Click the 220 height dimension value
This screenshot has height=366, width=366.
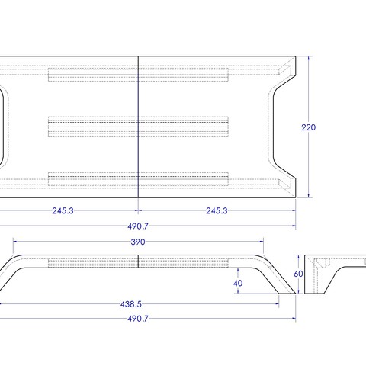click(308, 128)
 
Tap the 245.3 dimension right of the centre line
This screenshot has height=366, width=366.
click(216, 211)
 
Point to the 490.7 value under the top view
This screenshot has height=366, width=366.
click(137, 226)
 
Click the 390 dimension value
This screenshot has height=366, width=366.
click(137, 242)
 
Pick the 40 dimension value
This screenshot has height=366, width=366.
click(238, 283)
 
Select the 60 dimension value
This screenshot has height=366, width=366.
click(298, 274)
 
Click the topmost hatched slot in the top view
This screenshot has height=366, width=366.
click(138, 75)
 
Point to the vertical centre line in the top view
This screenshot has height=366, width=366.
click(138, 137)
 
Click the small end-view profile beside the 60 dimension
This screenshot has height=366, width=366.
click(324, 274)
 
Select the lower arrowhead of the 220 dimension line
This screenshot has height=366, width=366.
click(308, 195)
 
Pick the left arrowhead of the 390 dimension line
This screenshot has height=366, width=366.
click(15, 242)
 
